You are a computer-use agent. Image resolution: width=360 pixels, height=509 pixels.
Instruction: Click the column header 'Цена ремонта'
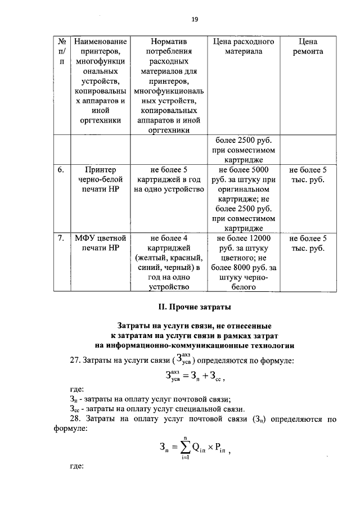(x=308, y=46)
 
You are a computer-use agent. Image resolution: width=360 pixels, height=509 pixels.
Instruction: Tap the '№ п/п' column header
(x=62, y=51)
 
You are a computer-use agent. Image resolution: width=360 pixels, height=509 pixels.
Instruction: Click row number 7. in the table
(x=61, y=238)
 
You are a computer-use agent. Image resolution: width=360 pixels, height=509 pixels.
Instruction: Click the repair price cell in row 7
(x=308, y=243)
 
